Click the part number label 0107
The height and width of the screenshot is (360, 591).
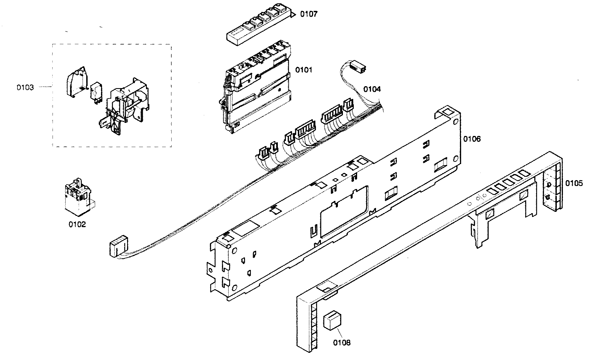click(x=308, y=14)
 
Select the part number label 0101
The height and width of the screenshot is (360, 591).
click(x=303, y=70)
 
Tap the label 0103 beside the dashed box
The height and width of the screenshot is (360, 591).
click(x=25, y=88)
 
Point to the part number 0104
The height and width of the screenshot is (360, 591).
click(x=372, y=89)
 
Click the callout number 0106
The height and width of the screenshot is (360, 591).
click(x=472, y=139)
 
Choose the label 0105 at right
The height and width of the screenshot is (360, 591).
click(x=574, y=183)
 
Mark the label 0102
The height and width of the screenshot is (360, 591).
click(x=77, y=224)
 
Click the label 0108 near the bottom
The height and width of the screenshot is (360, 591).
click(x=342, y=343)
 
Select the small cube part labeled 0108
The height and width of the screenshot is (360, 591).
click(x=332, y=321)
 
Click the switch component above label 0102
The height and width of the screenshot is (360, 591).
click(x=78, y=199)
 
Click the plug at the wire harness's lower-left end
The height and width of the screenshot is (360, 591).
click(x=118, y=246)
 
